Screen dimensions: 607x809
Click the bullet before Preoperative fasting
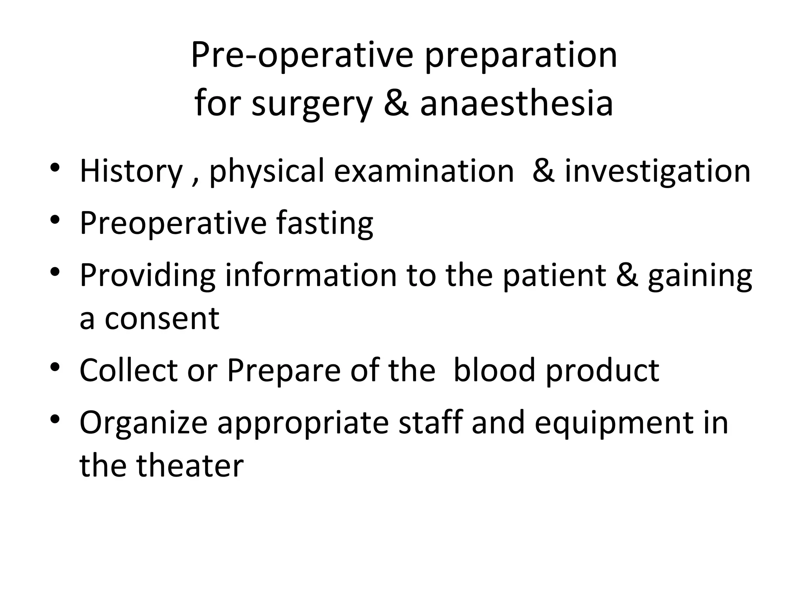pos(55,219)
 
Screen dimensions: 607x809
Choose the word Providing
pos(147,276)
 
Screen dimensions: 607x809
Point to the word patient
pos(554,275)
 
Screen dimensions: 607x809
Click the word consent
pos(162,319)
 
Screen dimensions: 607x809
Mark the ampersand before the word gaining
pos(627,275)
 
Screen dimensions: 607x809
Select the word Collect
pos(128,370)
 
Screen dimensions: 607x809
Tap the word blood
pos(494,370)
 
